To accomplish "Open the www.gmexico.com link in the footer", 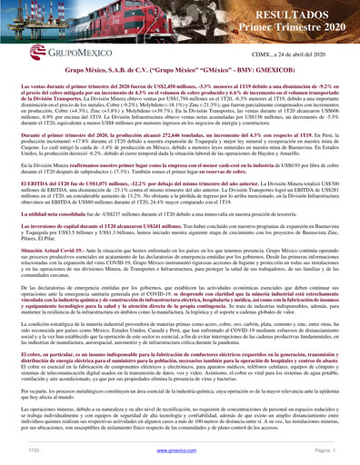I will tap(180, 450).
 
